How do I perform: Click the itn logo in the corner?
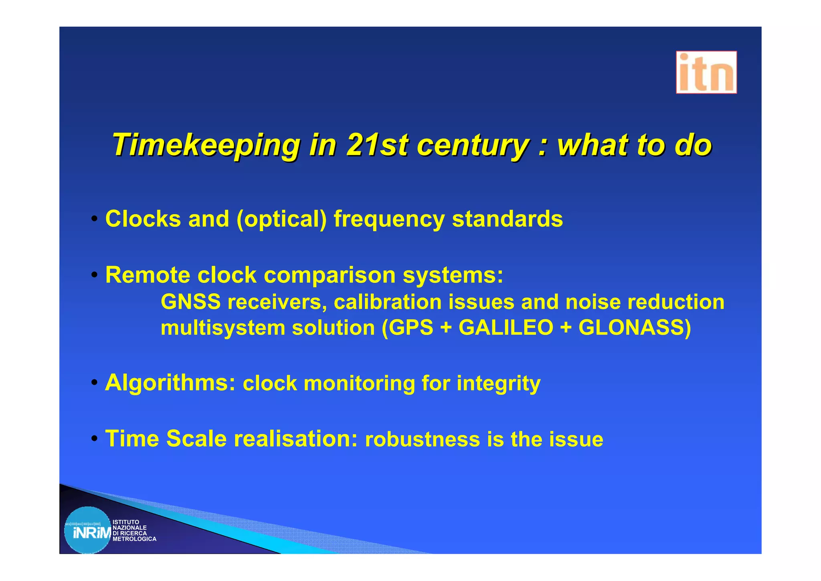(x=706, y=72)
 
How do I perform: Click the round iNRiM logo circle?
(x=88, y=530)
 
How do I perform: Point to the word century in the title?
(x=473, y=145)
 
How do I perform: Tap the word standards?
(x=507, y=219)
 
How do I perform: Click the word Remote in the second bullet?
(x=148, y=275)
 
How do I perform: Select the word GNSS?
(x=190, y=302)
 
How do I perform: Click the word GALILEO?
(x=506, y=327)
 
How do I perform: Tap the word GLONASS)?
(x=635, y=327)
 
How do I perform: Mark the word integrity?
(x=498, y=384)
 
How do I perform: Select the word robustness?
(x=422, y=439)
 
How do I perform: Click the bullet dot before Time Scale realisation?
(x=94, y=438)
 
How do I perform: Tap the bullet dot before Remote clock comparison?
(x=94, y=275)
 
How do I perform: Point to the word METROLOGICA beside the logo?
(x=134, y=539)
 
